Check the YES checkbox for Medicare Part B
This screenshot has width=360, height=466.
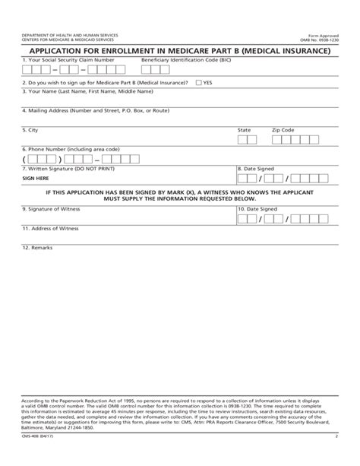199,82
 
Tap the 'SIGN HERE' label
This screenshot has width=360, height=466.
35,178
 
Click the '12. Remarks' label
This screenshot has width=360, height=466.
36,248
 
